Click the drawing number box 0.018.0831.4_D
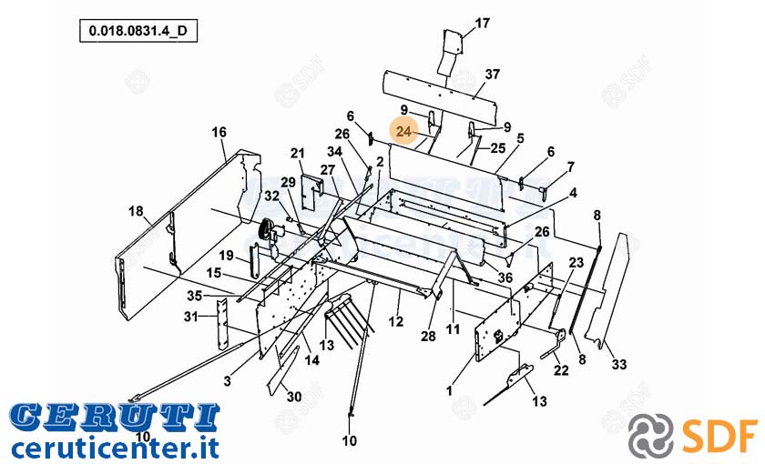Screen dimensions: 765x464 (x=138, y=31)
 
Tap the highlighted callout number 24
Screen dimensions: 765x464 (x=404, y=131)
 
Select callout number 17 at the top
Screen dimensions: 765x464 (x=482, y=23)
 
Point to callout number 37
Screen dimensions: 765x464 (x=493, y=74)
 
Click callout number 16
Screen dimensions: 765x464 (x=219, y=132)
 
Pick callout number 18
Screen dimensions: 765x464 (x=136, y=211)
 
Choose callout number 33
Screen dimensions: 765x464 (x=619, y=364)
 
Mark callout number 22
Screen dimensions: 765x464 (x=561, y=370)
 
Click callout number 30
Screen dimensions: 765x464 (x=293, y=397)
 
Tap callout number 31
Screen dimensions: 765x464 (x=190, y=317)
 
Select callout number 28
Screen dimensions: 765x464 (x=428, y=336)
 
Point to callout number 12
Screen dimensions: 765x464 (x=395, y=321)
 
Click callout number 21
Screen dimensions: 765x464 (x=297, y=154)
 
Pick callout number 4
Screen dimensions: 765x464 (x=573, y=193)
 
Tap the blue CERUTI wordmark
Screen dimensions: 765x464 (x=115, y=419)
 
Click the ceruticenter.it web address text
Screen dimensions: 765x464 (x=115, y=448)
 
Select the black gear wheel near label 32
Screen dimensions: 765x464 (x=265, y=230)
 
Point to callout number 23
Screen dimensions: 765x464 (x=576, y=263)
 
